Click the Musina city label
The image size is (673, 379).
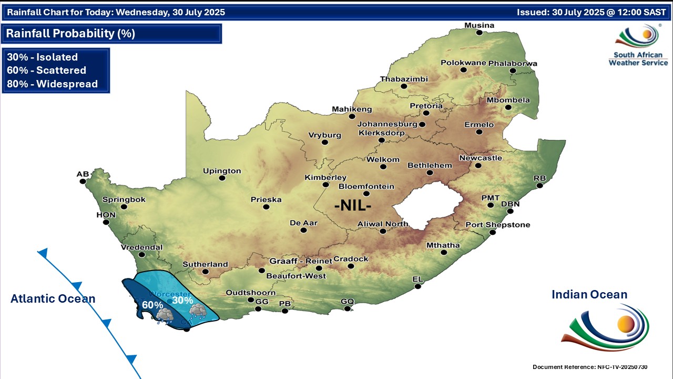point(479,25)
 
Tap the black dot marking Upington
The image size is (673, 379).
point(222,178)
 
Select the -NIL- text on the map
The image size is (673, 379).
point(353,205)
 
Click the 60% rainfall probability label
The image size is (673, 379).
point(152,304)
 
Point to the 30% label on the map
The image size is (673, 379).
point(182,300)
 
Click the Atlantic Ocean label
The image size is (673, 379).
point(53,299)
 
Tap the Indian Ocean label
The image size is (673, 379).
point(589,295)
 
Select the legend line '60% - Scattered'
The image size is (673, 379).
point(46,71)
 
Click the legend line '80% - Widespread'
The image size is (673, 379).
point(52,84)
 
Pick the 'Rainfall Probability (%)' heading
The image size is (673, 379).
point(70,34)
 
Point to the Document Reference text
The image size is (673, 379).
point(589,366)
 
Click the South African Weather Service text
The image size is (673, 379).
point(638,58)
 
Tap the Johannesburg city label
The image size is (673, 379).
point(387,124)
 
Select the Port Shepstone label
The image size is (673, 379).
point(497,225)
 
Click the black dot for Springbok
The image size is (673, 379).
point(124,207)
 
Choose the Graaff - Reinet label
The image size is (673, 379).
point(301,261)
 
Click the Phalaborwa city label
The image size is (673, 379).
point(512,63)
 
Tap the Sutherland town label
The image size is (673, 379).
point(205,264)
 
